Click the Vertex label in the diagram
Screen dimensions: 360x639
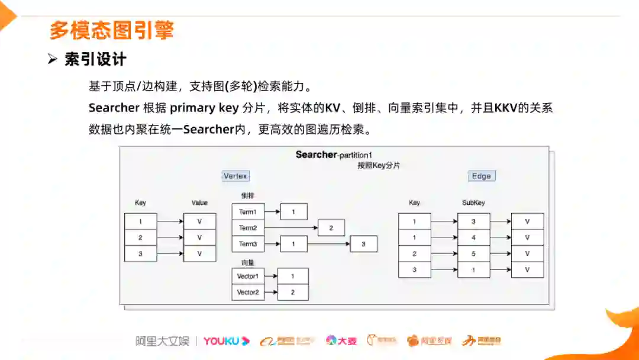(x=235, y=176)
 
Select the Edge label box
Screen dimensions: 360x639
(x=482, y=176)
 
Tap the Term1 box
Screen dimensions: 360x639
(x=248, y=211)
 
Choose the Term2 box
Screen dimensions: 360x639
(x=248, y=227)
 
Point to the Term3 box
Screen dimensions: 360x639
(x=248, y=243)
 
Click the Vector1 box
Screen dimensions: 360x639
(x=248, y=276)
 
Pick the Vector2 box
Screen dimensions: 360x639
(x=248, y=292)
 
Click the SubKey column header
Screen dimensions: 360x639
(x=473, y=202)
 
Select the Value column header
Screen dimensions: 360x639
(x=199, y=202)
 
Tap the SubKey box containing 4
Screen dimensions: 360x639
(x=473, y=237)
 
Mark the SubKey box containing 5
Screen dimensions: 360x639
(x=473, y=253)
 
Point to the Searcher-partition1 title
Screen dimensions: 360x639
(x=334, y=155)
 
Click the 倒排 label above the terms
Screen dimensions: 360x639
(x=247, y=195)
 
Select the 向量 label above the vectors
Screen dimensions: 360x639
(x=247, y=262)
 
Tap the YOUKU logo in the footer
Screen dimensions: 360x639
(x=227, y=340)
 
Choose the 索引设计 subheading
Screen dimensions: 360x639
(x=95, y=59)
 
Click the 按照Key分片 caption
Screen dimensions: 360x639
(x=379, y=166)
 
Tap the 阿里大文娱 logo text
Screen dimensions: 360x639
(x=162, y=340)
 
